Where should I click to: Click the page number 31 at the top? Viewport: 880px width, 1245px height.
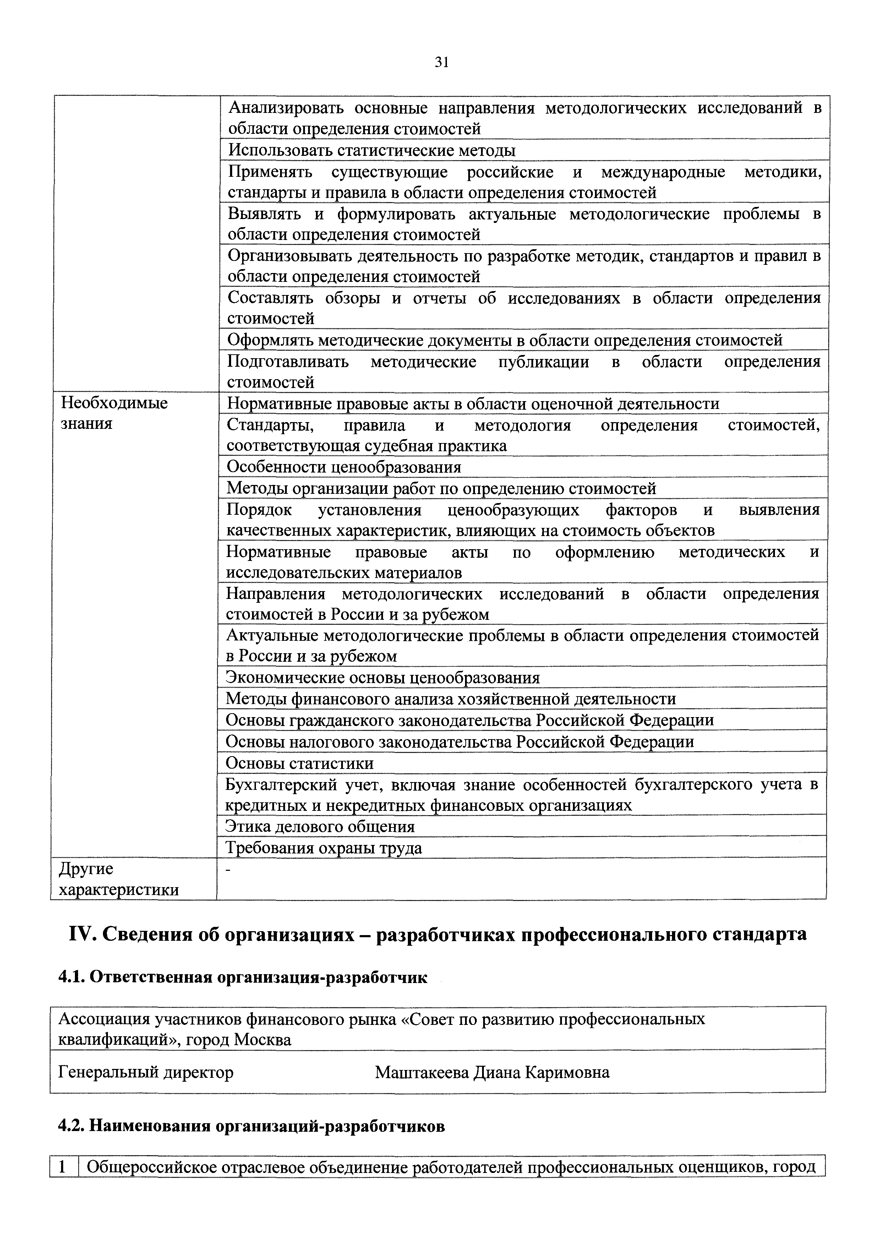[441, 63]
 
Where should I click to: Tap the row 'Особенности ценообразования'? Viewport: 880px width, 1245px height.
[344, 467]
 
